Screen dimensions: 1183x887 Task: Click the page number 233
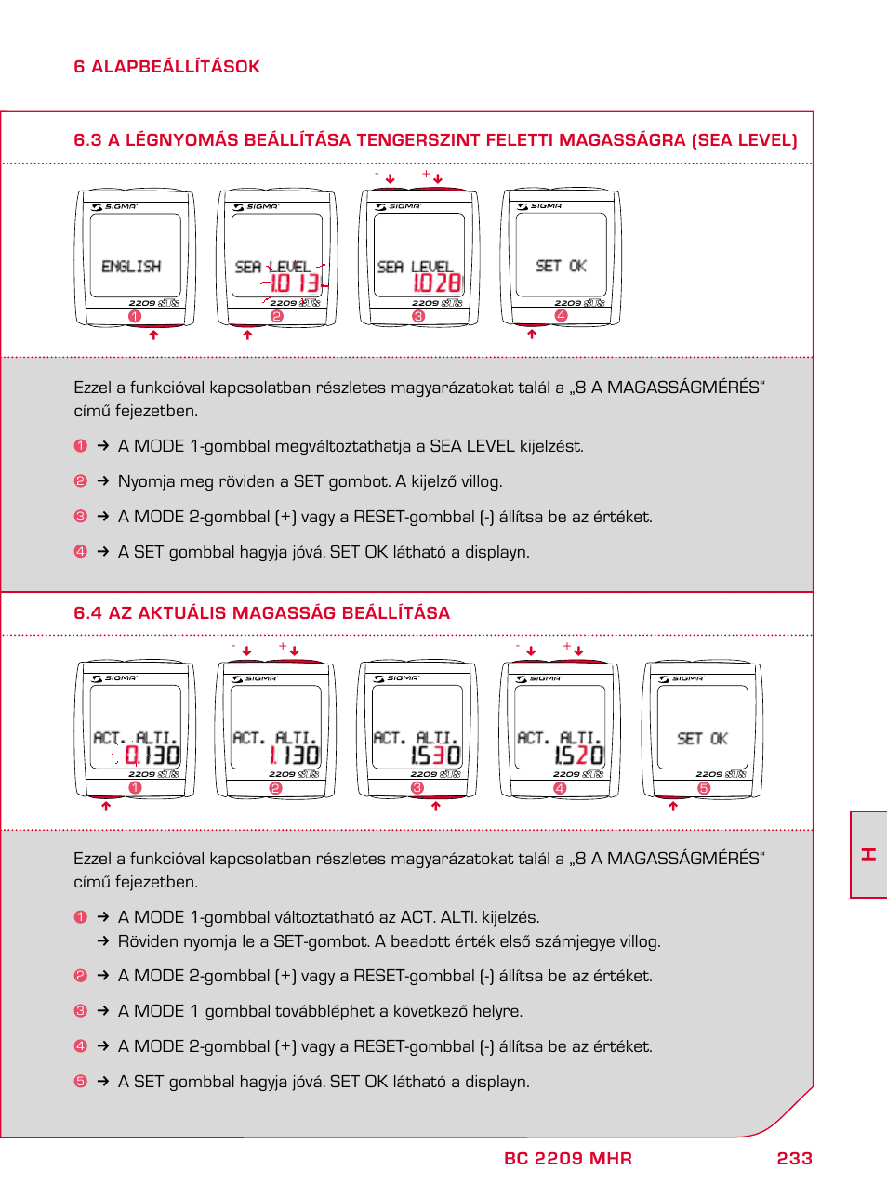point(794,1158)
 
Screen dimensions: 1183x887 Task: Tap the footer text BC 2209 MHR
point(567,1158)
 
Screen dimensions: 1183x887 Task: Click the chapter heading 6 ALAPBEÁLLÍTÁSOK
point(166,67)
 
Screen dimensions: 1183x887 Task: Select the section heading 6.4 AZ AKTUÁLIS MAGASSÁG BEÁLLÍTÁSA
point(261,613)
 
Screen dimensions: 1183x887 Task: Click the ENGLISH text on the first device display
point(131,267)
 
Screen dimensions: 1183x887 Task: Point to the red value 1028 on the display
point(436,283)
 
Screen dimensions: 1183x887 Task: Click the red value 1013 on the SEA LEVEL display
point(295,283)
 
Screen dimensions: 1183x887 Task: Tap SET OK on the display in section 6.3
point(561,266)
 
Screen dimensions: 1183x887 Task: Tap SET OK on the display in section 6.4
point(702,739)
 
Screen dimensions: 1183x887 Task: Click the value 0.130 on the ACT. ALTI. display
point(152,756)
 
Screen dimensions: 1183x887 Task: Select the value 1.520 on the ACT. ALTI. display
point(578,756)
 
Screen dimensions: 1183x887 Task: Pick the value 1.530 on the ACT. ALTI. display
point(435,756)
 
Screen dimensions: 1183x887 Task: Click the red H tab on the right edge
point(868,854)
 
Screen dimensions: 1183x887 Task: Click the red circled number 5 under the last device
point(704,788)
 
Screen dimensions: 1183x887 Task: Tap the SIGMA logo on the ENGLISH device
point(115,207)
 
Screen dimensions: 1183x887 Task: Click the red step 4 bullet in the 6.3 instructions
point(80,552)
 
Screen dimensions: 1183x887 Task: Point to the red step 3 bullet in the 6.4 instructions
point(80,1011)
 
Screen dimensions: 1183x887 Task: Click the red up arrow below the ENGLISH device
point(153,335)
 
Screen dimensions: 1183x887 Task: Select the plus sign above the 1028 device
point(426,174)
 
